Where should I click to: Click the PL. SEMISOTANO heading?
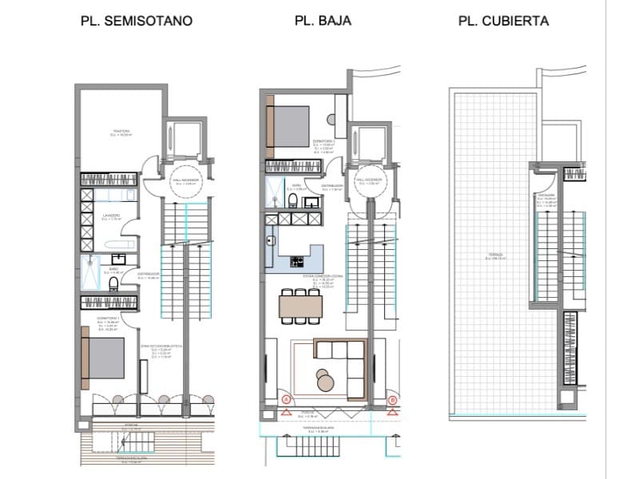[137, 22]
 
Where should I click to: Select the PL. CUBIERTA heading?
[503, 22]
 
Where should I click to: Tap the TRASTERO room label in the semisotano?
[121, 132]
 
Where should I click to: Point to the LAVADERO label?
[111, 216]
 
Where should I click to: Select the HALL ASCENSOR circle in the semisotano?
[185, 181]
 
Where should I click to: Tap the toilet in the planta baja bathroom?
[294, 199]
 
